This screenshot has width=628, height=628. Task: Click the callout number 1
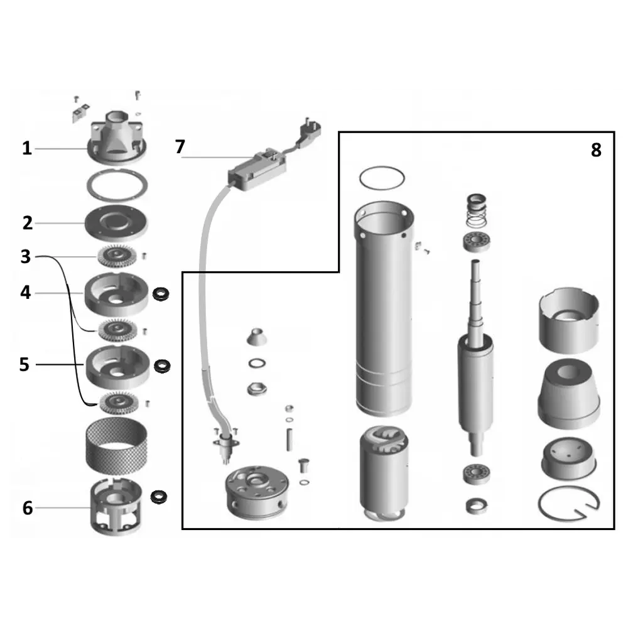pyautogui.click(x=27, y=148)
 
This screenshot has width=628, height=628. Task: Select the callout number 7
pyautogui.click(x=180, y=146)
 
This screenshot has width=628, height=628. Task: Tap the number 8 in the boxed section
pyautogui.click(x=596, y=150)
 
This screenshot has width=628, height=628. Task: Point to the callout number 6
pyautogui.click(x=27, y=507)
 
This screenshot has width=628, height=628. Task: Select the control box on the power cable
pyautogui.click(x=257, y=168)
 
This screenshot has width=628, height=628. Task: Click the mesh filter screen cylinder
pyautogui.click(x=117, y=445)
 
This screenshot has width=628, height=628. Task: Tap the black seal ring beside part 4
pyautogui.click(x=161, y=293)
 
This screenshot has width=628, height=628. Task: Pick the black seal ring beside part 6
pyautogui.click(x=159, y=497)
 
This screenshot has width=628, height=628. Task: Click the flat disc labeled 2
pyautogui.click(x=116, y=223)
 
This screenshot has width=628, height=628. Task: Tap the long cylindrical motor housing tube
pyautogui.click(x=384, y=308)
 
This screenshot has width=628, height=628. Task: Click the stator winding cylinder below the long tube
pyautogui.click(x=383, y=474)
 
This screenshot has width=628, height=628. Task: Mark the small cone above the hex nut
pyautogui.click(x=256, y=337)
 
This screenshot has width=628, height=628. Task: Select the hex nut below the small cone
pyautogui.click(x=257, y=389)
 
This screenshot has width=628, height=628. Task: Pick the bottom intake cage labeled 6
pyautogui.click(x=116, y=507)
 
